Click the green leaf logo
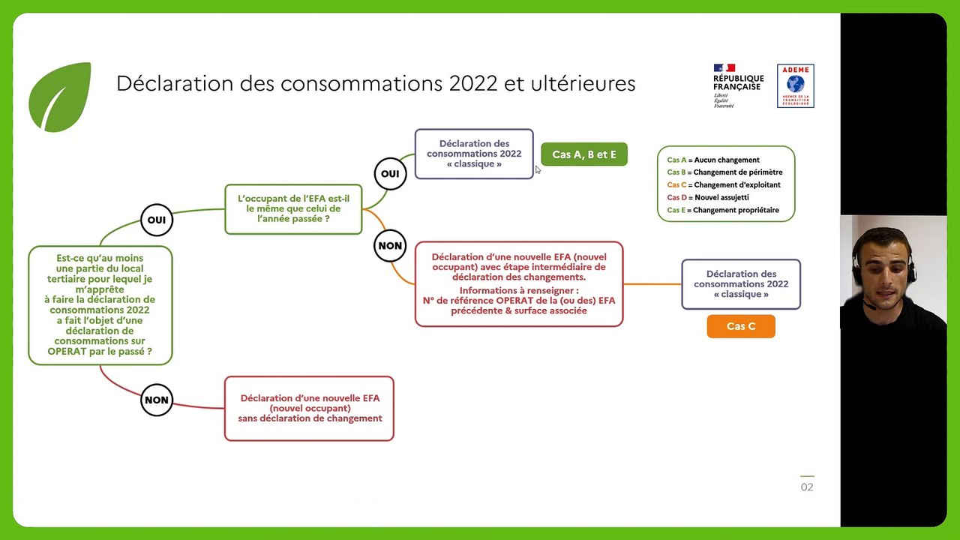point(60,97)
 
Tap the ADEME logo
point(795,85)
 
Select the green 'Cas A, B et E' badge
point(584,154)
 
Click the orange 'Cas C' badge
point(741,326)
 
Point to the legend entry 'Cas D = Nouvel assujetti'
point(708,197)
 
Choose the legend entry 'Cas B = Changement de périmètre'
point(724,172)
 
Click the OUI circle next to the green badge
point(390,174)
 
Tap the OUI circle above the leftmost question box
point(157,220)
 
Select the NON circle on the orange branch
point(390,245)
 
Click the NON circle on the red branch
point(157,400)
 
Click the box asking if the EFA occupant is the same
point(293,209)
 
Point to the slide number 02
point(807,487)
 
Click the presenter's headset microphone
point(868,305)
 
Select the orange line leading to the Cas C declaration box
point(652,284)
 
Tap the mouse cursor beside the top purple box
point(538,170)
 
